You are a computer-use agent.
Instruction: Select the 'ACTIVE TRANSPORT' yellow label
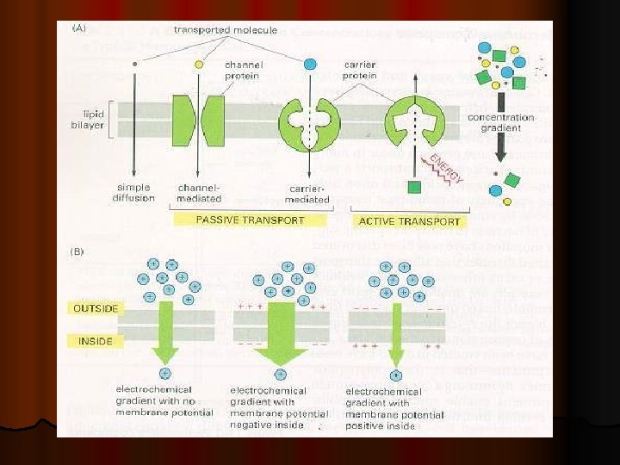click(x=410, y=220)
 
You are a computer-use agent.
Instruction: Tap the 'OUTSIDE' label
click(x=96, y=307)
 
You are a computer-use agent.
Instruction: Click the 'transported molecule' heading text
click(x=226, y=30)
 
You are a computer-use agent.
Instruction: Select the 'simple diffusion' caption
click(x=133, y=192)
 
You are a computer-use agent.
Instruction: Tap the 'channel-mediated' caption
click(x=199, y=192)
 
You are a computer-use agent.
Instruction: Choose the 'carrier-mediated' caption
click(x=307, y=194)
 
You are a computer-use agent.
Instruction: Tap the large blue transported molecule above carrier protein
click(x=310, y=64)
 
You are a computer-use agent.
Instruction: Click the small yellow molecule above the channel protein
click(x=200, y=64)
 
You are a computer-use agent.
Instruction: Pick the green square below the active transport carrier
click(x=414, y=186)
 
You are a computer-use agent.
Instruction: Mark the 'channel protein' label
click(x=244, y=70)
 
